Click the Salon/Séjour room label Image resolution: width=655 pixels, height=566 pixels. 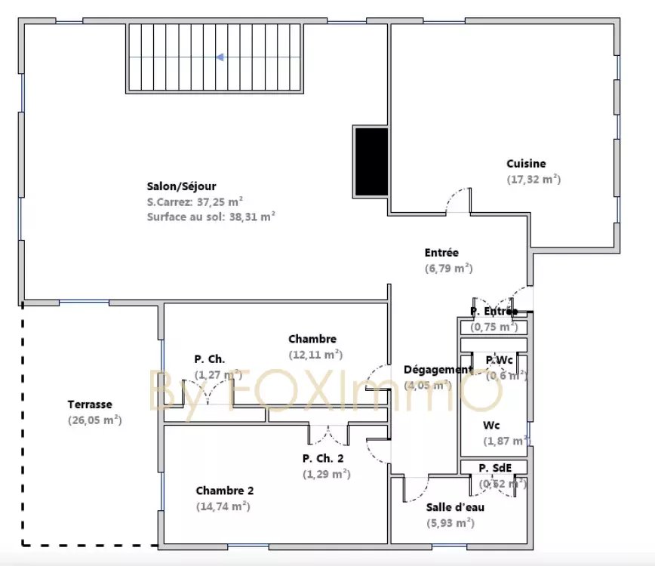coord(181,187)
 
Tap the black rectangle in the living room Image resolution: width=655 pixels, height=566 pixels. coord(371,161)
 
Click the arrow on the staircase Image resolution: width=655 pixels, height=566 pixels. coord(220,57)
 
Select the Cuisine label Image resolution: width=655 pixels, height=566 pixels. coord(526,164)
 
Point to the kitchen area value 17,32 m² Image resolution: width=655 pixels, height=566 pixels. coord(534,180)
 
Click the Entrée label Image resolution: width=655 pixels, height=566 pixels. coord(441,253)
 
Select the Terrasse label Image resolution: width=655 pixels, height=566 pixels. coord(90,405)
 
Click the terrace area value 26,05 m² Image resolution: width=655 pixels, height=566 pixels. coord(94,420)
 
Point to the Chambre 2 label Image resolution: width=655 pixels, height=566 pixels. coord(225,491)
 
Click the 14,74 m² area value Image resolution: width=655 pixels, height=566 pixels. coord(223,506)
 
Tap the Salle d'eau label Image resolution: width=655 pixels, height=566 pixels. coord(455,507)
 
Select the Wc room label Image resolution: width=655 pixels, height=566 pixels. coord(491,426)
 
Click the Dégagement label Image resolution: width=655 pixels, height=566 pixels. coord(438,370)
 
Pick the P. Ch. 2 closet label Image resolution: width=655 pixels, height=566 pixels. coord(323,458)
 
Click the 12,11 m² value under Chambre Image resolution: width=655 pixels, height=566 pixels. coord(315,355)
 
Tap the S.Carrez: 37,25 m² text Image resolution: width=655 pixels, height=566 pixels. coord(195,202)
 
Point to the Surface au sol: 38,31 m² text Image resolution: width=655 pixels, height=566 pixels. coord(211,217)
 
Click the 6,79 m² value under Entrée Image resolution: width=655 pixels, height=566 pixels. coord(448,268)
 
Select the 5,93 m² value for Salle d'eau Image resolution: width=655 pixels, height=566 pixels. coord(451,522)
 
